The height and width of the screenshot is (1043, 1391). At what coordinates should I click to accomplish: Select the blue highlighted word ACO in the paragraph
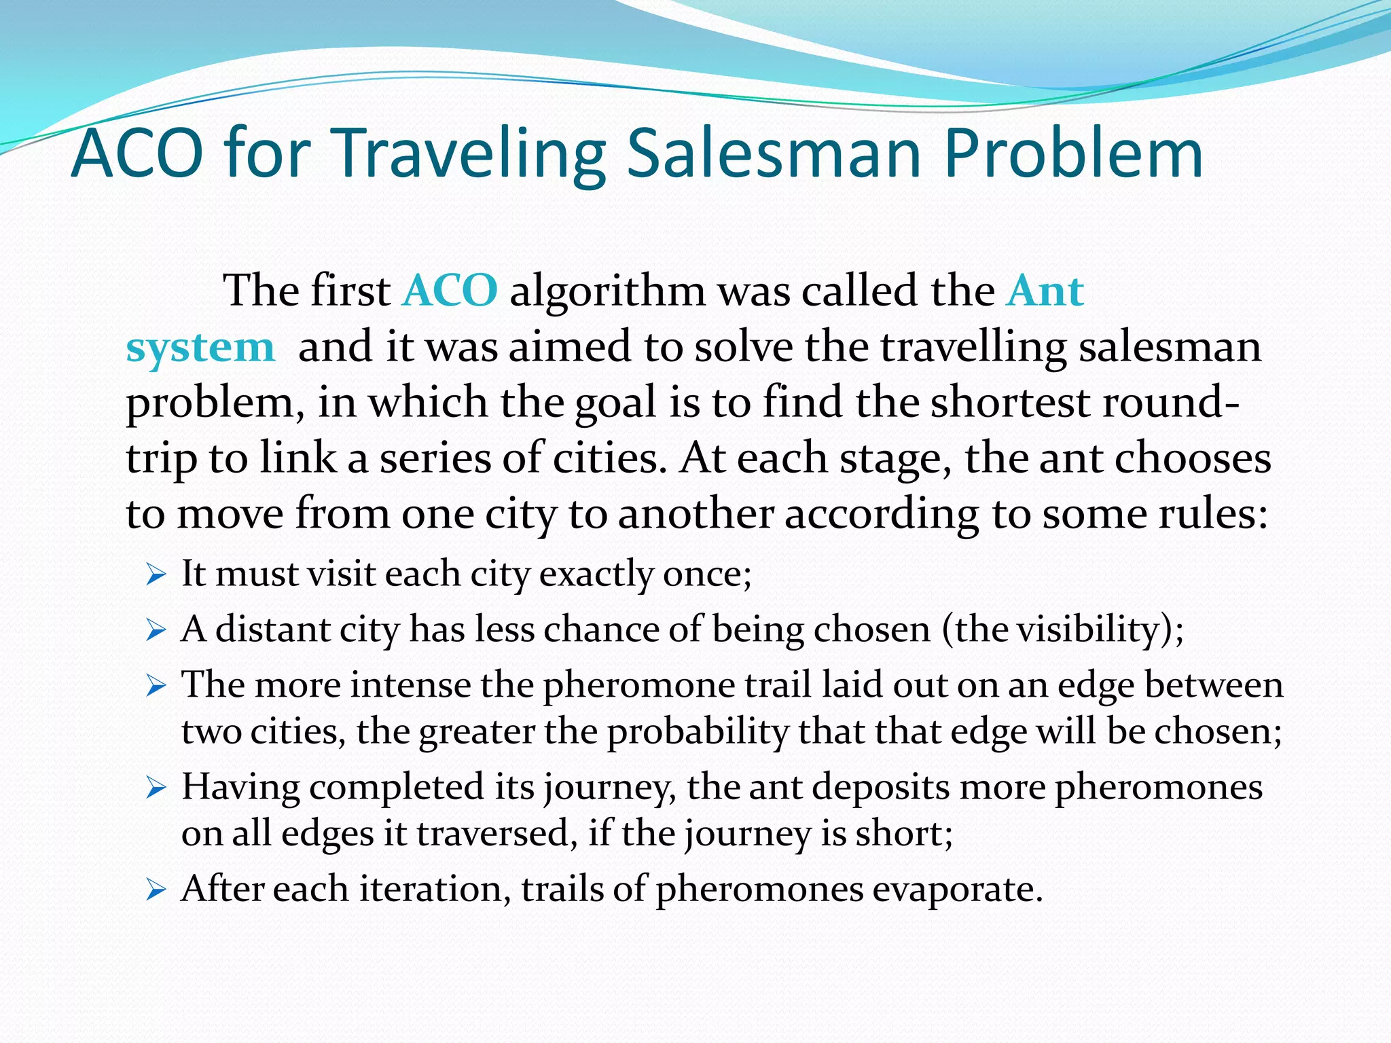point(450,291)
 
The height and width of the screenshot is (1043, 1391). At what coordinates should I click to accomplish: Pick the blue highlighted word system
point(200,348)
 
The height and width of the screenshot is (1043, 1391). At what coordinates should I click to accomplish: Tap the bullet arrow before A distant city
point(156,632)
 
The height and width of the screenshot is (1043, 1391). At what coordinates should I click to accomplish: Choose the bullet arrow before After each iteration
point(156,890)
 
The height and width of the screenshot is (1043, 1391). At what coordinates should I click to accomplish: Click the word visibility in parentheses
point(1087,629)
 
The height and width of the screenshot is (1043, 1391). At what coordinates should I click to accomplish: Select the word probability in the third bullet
point(697,732)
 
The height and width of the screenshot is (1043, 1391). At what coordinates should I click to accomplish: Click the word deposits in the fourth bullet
point(880,787)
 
